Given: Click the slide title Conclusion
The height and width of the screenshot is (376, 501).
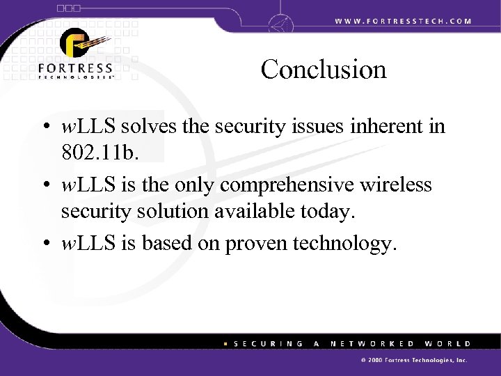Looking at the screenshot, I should pyautogui.click(x=324, y=69).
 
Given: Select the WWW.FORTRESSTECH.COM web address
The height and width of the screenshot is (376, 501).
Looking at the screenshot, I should pyautogui.click(x=403, y=21).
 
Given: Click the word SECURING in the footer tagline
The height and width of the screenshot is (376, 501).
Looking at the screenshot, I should pyautogui.click(x=267, y=344).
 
